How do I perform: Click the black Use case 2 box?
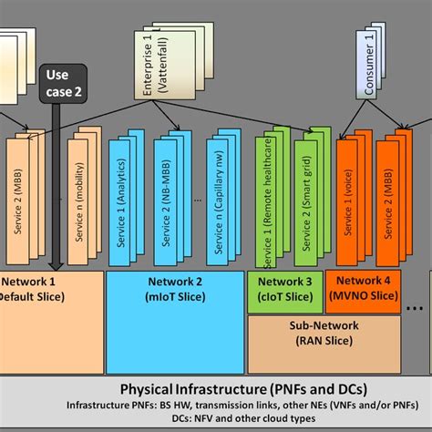[x=62, y=83]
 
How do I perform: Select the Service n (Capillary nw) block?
[x=223, y=204]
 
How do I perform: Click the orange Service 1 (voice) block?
[x=348, y=204]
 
